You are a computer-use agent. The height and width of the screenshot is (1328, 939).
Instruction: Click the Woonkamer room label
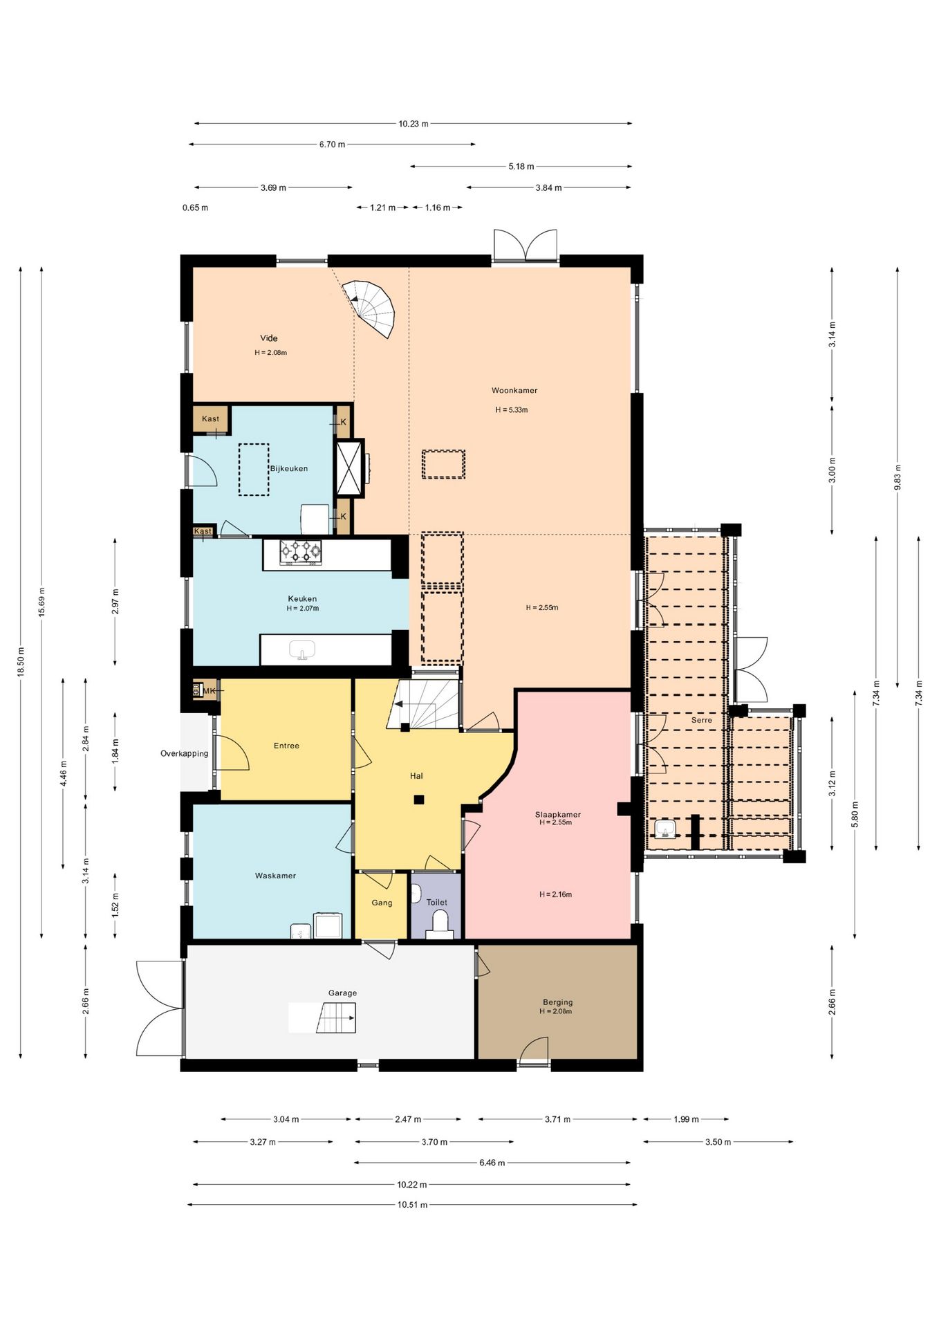tap(514, 390)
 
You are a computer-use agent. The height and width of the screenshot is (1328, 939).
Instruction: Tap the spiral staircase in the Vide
tap(373, 308)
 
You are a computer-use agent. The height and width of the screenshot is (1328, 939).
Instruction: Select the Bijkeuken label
tap(289, 468)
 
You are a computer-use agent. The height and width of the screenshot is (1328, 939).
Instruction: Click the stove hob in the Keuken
tap(301, 552)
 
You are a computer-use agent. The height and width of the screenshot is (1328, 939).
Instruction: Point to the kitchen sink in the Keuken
tap(302, 650)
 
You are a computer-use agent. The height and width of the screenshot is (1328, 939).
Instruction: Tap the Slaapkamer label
tap(557, 814)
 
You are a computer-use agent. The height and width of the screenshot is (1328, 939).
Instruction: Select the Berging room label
tap(557, 1002)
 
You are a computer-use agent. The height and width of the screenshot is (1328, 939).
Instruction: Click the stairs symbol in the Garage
tap(336, 1017)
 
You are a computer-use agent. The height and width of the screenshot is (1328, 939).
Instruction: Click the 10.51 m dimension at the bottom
tap(412, 1204)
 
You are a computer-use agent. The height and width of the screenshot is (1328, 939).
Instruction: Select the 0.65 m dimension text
tap(195, 207)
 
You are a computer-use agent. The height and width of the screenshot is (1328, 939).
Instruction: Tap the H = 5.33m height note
tap(511, 409)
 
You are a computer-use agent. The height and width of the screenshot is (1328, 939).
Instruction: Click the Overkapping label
tap(184, 753)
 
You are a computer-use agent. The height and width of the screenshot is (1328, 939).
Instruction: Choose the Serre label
tap(701, 719)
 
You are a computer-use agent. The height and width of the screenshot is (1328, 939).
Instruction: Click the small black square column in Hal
tap(418, 800)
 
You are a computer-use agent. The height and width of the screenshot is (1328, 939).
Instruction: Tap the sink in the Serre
tap(665, 829)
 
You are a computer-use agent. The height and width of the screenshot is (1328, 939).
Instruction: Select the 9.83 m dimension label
tap(898, 477)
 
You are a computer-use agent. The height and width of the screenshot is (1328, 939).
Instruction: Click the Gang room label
tap(382, 902)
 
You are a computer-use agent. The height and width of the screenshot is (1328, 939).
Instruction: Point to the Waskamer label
tap(275, 875)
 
